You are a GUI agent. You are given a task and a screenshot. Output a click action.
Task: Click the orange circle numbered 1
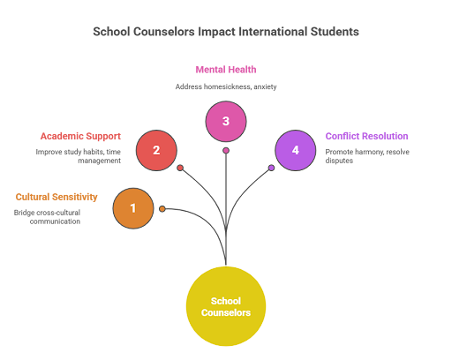tap(133, 208)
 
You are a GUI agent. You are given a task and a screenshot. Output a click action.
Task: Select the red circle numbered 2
tap(156, 150)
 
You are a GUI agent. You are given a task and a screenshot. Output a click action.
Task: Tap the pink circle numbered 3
tap(226, 122)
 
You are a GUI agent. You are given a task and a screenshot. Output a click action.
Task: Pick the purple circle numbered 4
tap(296, 150)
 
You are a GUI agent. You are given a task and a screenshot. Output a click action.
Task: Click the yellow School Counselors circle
tap(226, 306)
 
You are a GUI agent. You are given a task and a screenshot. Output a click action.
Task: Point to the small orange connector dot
tap(162, 209)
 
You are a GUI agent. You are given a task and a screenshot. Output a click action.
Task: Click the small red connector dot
tap(180, 168)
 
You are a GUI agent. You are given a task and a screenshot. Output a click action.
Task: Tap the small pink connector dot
tap(226, 151)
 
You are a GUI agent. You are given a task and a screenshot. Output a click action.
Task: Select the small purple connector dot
tap(271, 168)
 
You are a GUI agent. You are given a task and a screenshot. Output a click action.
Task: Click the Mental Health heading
tap(226, 70)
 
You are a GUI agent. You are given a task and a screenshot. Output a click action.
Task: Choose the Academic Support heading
tap(80, 137)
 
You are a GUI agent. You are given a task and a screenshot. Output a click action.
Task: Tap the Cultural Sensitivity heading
tap(56, 197)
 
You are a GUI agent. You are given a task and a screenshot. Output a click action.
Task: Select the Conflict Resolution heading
tap(366, 136)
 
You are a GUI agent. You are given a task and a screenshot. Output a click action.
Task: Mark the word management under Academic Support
tap(100, 161)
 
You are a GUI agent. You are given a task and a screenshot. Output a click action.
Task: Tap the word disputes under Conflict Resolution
tap(339, 161)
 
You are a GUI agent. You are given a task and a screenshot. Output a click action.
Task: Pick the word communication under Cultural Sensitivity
tap(55, 221)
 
